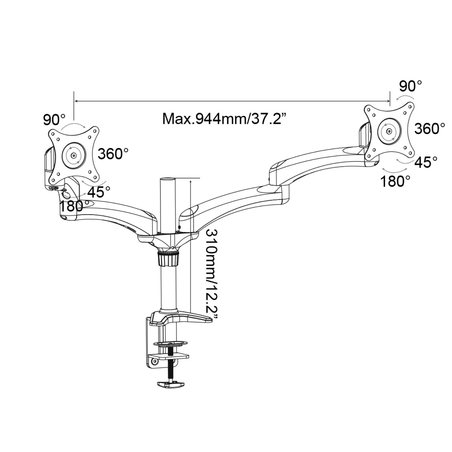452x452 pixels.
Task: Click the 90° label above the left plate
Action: (54, 120)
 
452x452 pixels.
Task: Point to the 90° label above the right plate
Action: (410, 86)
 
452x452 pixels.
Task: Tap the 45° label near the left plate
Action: (99, 191)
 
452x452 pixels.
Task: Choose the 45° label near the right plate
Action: (426, 162)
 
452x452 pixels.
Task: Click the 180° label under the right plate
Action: (395, 181)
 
